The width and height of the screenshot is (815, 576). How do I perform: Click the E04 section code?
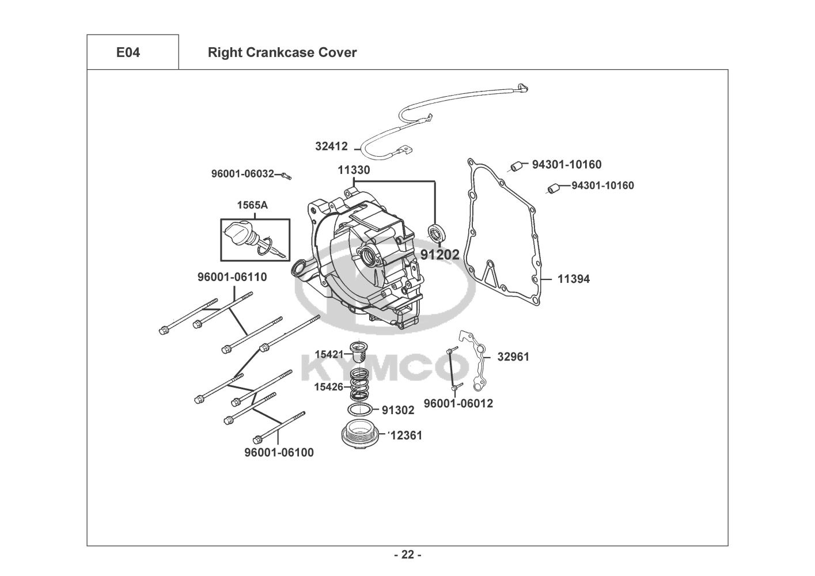[128, 52]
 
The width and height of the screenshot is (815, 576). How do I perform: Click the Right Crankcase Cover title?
[282, 52]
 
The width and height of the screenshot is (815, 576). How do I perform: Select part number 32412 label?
[331, 146]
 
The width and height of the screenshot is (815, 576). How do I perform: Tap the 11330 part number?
[354, 170]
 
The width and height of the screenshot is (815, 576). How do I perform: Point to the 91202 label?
[440, 254]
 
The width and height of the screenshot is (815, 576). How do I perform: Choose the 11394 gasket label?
[573, 279]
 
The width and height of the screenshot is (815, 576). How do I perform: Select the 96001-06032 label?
[242, 173]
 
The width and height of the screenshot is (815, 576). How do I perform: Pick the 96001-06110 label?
[232, 277]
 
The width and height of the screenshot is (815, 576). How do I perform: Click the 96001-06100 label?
[279, 453]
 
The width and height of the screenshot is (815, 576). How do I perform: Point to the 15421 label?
[329, 354]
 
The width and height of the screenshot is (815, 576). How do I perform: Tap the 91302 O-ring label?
[398, 410]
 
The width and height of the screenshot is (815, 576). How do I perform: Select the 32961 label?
[513, 357]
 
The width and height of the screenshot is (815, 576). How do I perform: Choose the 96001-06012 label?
[458, 403]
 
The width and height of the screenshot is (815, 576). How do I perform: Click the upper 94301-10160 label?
[566, 165]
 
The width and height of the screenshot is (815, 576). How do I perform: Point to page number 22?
[407, 555]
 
